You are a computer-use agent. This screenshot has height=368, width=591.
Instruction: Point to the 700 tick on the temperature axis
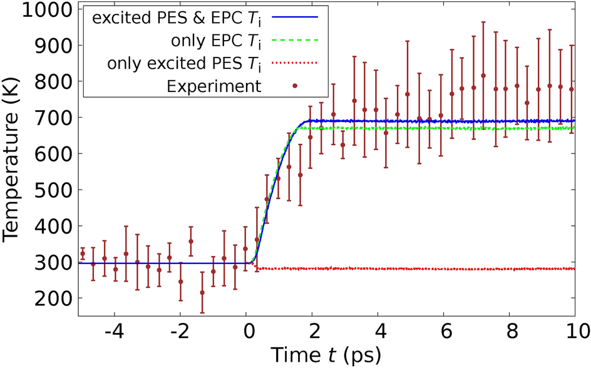(48, 118)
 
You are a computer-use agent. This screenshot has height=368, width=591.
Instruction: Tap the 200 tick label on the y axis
(48, 298)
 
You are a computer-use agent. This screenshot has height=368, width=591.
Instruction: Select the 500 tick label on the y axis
(48, 190)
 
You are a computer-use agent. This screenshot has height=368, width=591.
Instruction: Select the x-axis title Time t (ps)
(326, 355)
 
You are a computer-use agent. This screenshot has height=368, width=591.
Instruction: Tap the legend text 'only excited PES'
(185, 63)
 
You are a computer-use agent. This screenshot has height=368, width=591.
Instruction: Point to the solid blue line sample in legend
(294, 17)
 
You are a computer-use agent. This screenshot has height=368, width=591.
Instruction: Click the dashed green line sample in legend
(294, 40)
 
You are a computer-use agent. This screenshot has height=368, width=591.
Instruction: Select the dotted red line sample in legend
(294, 63)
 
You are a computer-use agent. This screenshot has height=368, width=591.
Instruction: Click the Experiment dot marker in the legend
(294, 86)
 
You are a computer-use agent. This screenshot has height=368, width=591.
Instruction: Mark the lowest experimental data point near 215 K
(202, 292)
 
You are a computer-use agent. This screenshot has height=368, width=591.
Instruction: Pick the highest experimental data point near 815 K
(483, 76)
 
